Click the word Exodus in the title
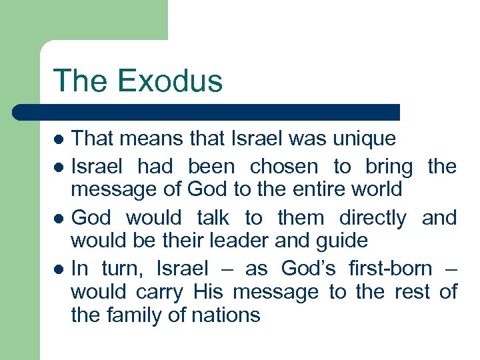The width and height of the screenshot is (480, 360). click(x=171, y=81)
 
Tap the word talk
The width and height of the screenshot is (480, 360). click(x=213, y=217)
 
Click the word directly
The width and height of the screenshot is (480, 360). click(x=373, y=217)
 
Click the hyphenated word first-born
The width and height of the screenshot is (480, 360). click(x=390, y=268)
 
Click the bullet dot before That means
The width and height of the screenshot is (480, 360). click(x=59, y=140)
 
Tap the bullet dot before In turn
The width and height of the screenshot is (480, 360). click(x=59, y=269)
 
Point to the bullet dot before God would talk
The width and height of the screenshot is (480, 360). click(x=59, y=219)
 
